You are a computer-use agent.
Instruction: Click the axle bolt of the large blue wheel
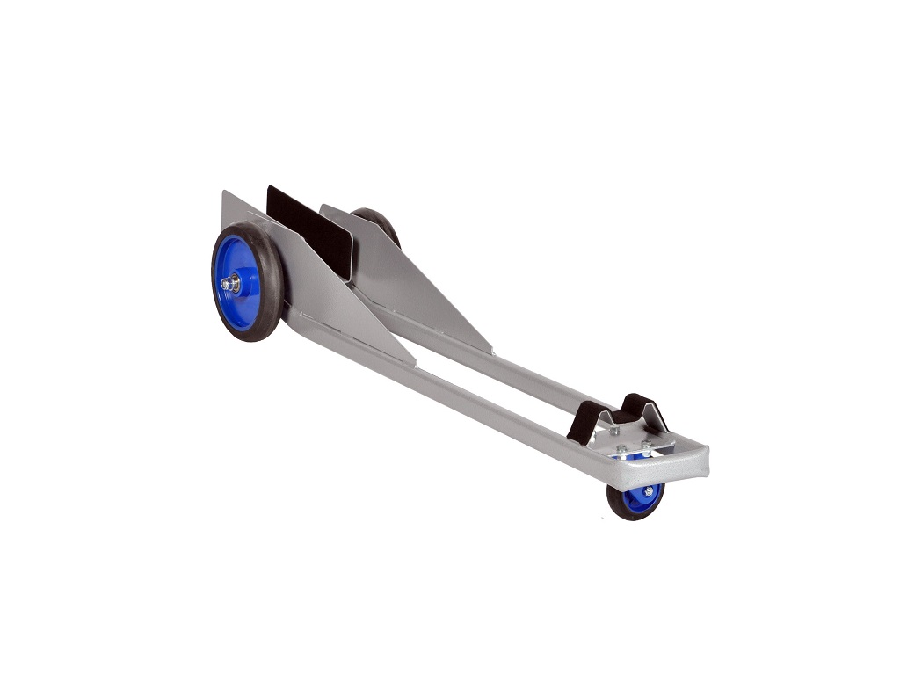pos(230,283)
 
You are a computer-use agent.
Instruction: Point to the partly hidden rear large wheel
pos(380,223)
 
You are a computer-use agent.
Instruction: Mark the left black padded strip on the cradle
pos(584,423)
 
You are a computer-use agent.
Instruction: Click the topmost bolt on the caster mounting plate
pos(614,431)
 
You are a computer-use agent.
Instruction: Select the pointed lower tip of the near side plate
pos(413,363)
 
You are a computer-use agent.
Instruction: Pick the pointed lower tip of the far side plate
pos(490,352)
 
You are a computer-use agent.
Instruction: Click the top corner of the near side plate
pos(224,193)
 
